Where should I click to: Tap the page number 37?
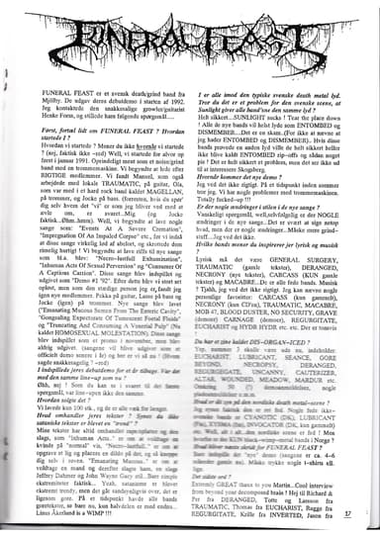click(362, 513)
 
